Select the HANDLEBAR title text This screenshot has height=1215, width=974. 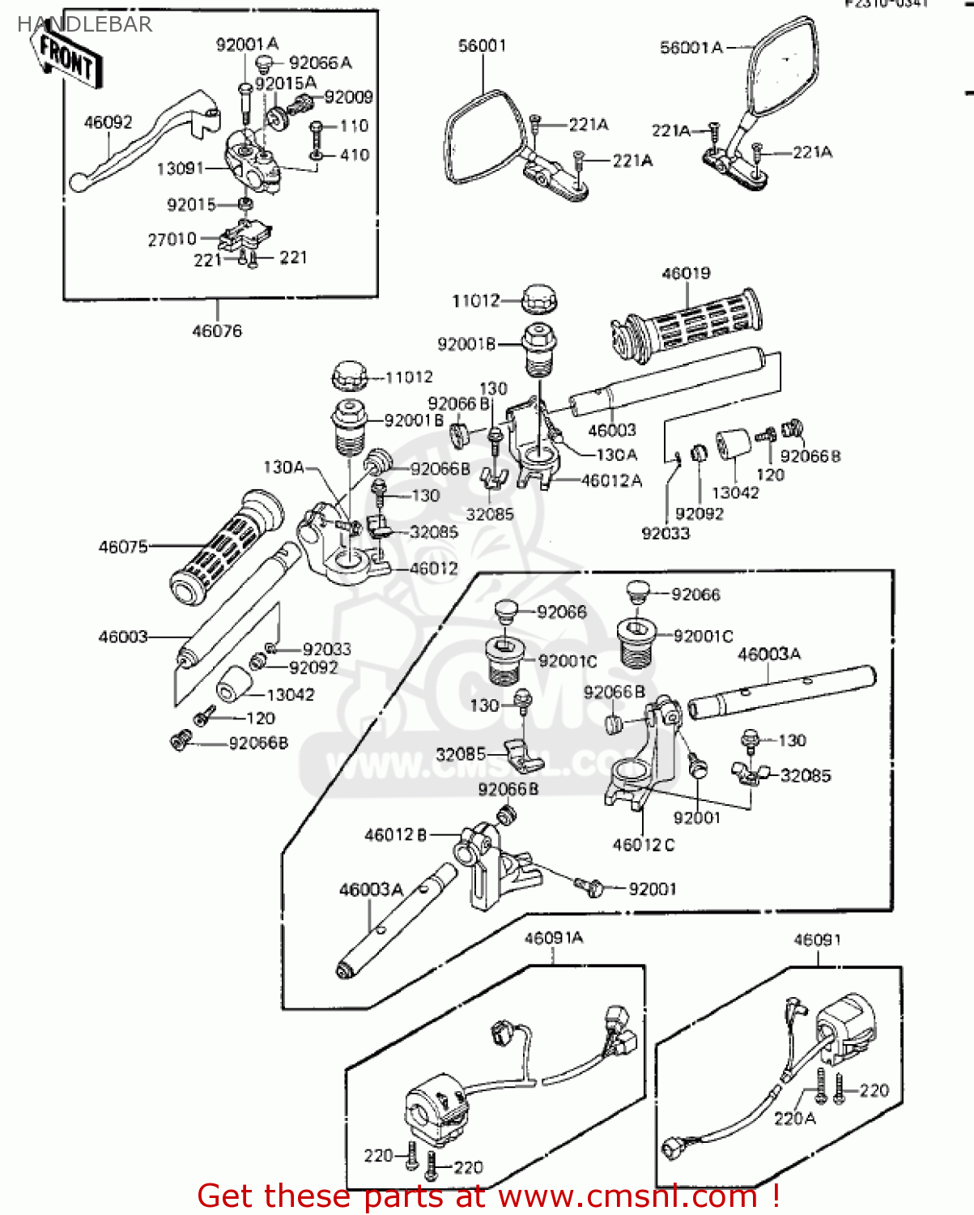coord(84,24)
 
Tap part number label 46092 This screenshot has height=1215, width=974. coord(108,122)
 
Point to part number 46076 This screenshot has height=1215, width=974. coord(217,330)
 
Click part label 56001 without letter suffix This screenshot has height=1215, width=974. coord(482,46)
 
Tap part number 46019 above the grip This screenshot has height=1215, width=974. coord(686,274)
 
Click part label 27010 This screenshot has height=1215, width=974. coord(172,239)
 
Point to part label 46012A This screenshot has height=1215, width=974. coord(611,480)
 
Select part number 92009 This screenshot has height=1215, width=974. coord(348,97)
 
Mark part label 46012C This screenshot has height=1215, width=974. coord(644,845)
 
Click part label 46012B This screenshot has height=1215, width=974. coord(395,834)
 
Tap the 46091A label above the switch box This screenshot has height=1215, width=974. coord(554,938)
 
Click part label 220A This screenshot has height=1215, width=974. coord(794,1119)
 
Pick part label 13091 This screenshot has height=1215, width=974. coord(181,168)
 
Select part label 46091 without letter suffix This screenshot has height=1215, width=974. coord(817,940)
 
